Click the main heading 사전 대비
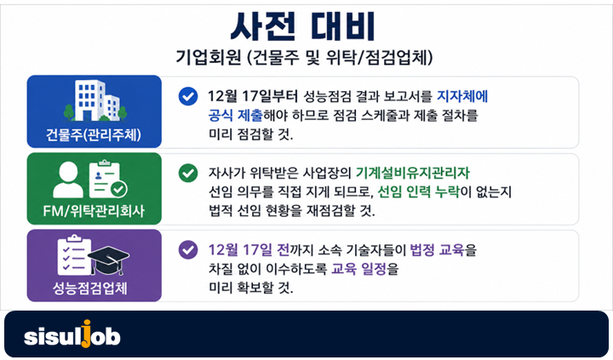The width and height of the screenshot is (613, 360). point(303,26)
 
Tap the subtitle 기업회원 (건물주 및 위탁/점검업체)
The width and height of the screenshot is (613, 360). point(304,58)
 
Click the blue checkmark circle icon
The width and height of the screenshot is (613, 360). point(188,96)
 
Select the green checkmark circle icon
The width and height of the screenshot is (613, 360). point(188,173)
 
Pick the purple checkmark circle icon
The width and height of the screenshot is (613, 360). point(188,249)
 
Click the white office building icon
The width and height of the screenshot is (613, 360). point(95,100)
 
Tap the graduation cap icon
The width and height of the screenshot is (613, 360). point(109,260)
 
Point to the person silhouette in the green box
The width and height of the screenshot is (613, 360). point(68,180)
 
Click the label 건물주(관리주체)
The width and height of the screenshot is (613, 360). point(94,134)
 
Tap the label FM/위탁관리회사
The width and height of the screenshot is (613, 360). point(94,211)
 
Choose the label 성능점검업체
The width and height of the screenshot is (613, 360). point(90,288)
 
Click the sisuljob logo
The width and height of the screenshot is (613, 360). point(72,335)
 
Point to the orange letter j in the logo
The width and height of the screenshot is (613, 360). point(86,334)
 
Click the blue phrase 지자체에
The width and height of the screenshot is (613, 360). point(462,96)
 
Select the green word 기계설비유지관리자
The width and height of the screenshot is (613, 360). point(413,173)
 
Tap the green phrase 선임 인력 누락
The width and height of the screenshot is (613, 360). point(418,192)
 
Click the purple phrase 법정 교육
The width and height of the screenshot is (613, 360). point(437,249)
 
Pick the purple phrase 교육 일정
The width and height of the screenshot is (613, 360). point(359,269)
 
